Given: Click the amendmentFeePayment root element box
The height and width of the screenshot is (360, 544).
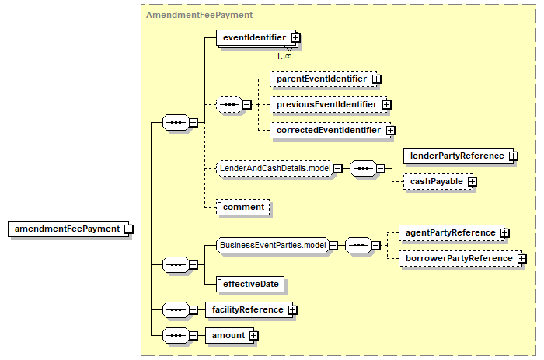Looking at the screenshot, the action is (68, 229).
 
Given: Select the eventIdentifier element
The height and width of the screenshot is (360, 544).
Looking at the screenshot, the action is (256, 37).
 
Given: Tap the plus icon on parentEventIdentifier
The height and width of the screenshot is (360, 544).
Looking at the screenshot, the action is (376, 79).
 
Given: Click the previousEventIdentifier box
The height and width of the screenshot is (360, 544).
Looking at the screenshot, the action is (329, 104).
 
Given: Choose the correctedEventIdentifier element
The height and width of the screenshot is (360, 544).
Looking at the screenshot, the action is (330, 130).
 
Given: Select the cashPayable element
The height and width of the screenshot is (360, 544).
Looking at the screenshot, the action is (438, 182).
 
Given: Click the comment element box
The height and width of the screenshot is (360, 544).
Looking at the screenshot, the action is (242, 208).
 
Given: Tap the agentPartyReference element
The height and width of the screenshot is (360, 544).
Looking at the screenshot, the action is (452, 233).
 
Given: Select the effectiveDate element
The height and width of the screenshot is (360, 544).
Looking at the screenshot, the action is (250, 285).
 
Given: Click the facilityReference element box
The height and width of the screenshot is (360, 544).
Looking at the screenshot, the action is (249, 310).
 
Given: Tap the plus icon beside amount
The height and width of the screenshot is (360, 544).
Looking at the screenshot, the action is (254, 336).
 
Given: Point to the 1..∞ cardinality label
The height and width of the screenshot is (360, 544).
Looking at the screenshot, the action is (284, 56).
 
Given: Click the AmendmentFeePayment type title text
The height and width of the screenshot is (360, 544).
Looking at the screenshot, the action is (199, 15).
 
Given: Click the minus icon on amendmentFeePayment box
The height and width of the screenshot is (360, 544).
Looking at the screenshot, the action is (129, 229).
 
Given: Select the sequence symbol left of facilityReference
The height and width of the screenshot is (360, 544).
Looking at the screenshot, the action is (176, 310).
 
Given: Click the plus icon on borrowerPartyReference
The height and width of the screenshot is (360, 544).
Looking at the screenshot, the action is (521, 259).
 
